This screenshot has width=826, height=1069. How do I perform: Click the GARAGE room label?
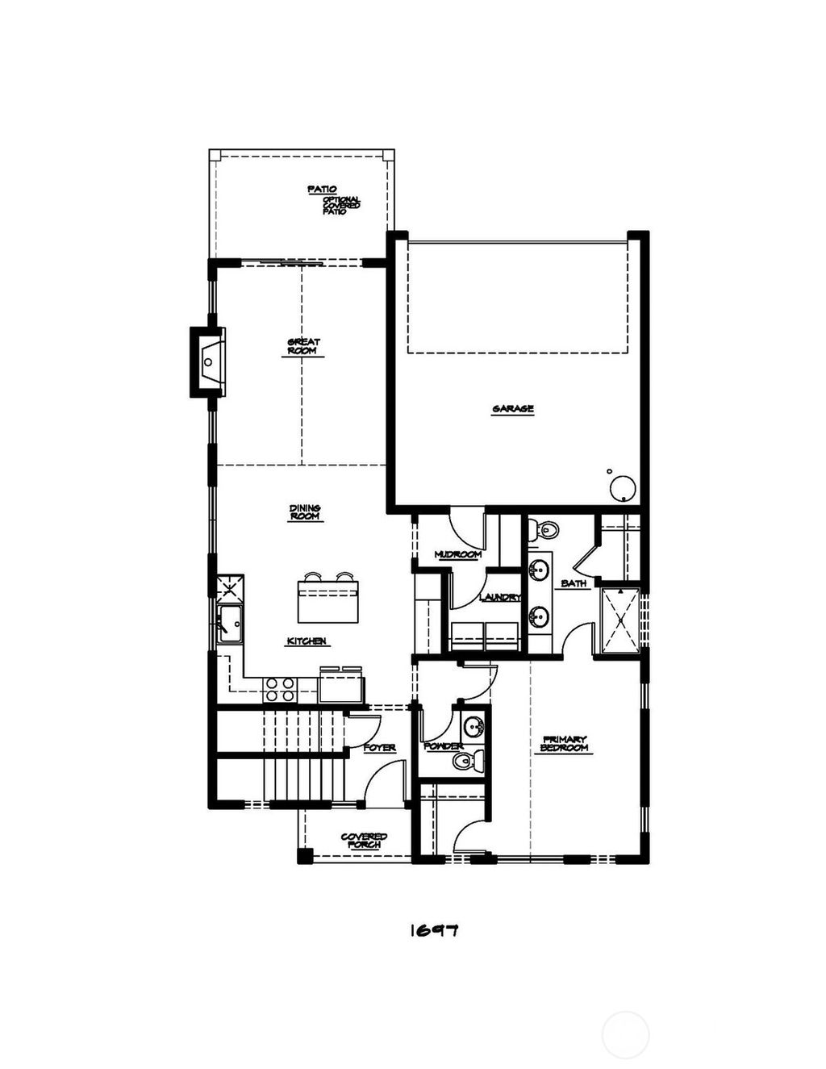click(x=513, y=409)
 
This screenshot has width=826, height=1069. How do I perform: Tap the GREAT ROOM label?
click(x=304, y=347)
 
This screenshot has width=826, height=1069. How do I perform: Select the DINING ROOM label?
click(x=305, y=512)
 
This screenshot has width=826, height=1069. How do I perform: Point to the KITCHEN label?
click(x=307, y=641)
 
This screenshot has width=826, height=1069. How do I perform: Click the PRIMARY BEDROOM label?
click(x=565, y=744)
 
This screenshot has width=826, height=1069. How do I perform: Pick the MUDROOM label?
click(x=457, y=554)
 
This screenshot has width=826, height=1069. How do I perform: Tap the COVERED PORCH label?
click(x=364, y=841)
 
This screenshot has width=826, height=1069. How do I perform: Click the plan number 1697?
click(x=434, y=930)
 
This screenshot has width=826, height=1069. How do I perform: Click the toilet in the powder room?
click(x=466, y=760)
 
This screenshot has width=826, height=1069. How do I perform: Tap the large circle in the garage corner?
click(x=623, y=488)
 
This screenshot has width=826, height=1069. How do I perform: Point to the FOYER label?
click(x=379, y=748)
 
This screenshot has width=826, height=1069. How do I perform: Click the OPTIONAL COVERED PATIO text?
click(x=341, y=205)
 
